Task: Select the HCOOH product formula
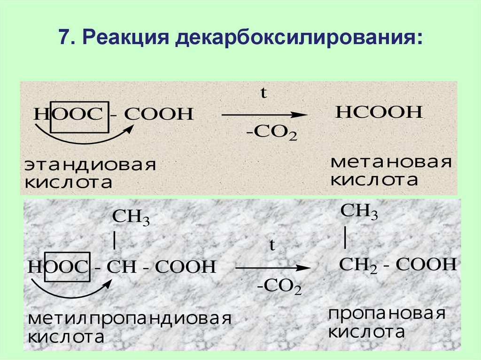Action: (x=379, y=113)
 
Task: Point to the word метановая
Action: (x=391, y=163)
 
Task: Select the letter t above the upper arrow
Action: (x=264, y=93)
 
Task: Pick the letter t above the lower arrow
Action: (x=272, y=246)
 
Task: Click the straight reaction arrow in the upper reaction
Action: (x=264, y=115)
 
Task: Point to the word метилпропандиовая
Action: (x=130, y=320)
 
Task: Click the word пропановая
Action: (x=386, y=314)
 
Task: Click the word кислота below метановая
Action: (x=374, y=180)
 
